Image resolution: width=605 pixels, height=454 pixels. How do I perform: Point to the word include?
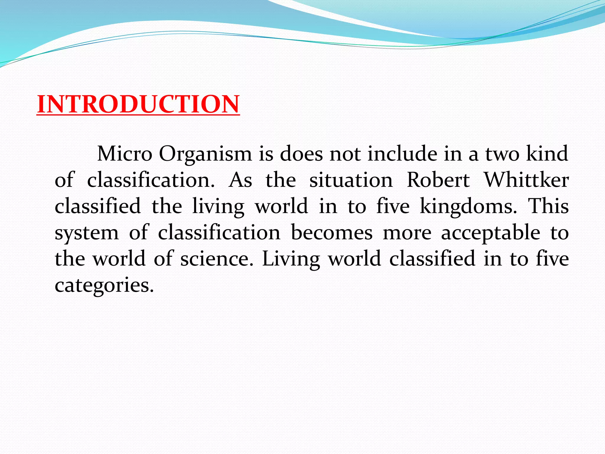tap(402, 154)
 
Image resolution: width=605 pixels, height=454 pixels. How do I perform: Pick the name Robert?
tap(438, 180)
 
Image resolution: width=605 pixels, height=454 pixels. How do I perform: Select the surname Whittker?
tap(526, 180)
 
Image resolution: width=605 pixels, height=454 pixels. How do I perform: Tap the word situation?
tap(351, 180)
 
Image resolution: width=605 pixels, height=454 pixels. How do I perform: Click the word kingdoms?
tap(468, 207)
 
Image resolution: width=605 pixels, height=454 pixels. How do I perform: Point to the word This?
tap(548, 206)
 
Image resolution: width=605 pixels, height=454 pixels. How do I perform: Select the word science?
tap(217, 259)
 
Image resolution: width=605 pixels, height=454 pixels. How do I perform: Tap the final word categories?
tap(104, 286)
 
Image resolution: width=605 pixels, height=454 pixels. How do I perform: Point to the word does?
tap(301, 154)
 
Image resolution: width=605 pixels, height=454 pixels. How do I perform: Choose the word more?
tap(407, 233)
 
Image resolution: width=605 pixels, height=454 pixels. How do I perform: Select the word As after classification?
tap(240, 180)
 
